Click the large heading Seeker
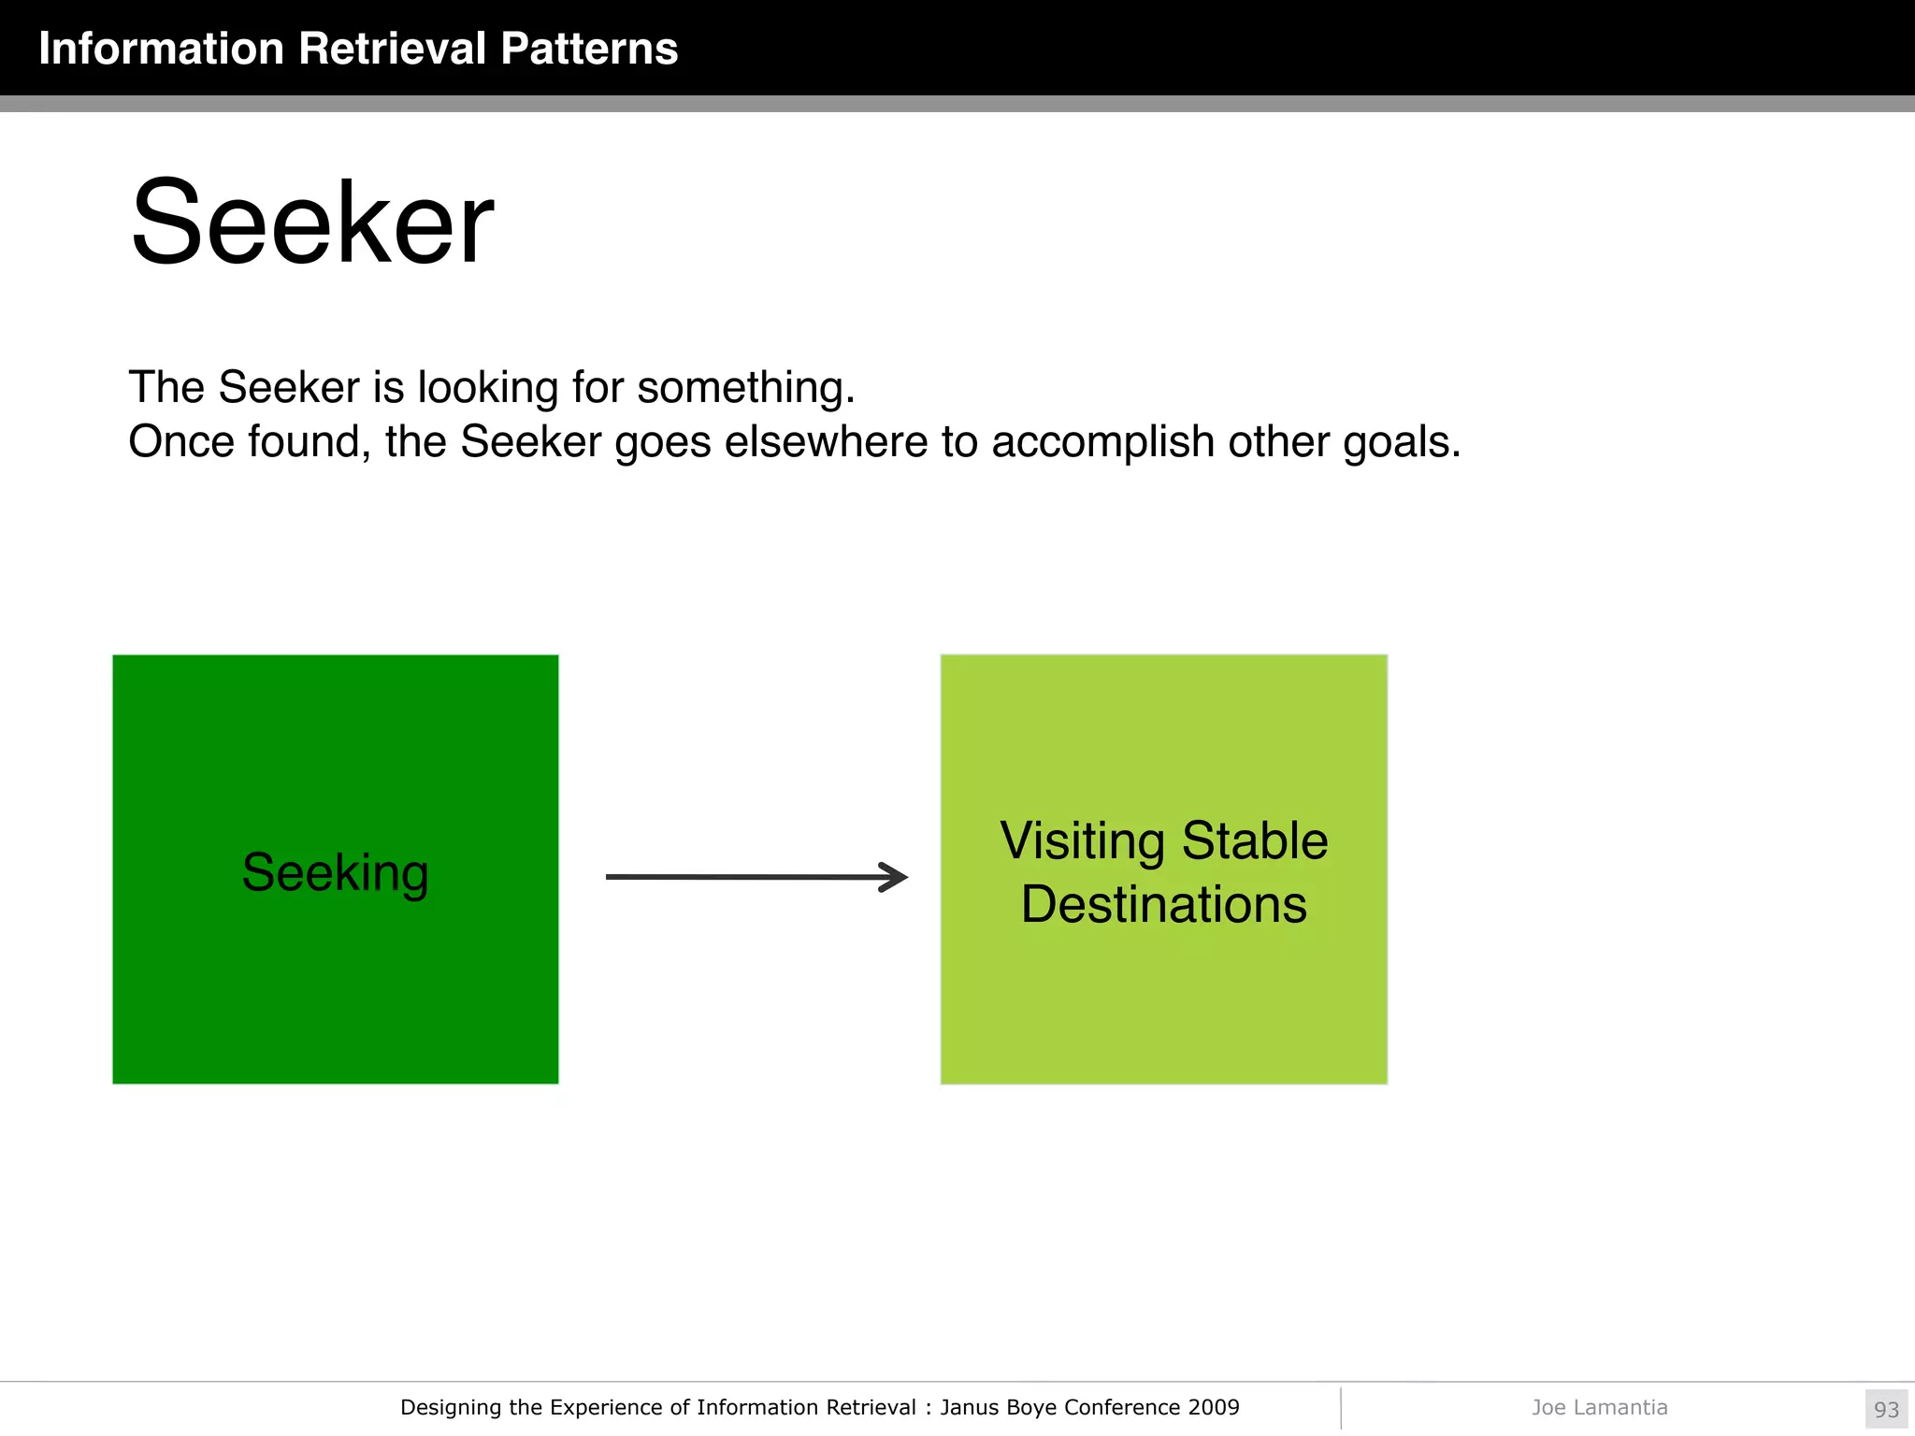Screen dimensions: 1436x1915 pos(312,224)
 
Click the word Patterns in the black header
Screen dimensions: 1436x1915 pos(589,49)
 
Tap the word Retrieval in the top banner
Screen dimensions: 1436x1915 pos(393,49)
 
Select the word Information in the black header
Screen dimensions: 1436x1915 pos(161,49)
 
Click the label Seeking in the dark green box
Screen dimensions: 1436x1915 pos(335,872)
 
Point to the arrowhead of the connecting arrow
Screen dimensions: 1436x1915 pos(896,877)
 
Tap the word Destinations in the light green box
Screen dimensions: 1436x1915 pos(1163,904)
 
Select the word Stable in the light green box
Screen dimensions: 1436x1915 pos(1254,840)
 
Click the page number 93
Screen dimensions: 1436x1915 pos(1886,1409)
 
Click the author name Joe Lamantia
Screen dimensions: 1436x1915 pos(1599,1407)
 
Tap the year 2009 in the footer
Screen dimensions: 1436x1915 pos(1213,1407)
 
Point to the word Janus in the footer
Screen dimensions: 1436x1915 pos(969,1407)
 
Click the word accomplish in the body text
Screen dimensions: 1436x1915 pos(1102,441)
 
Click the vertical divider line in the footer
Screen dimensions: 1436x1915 pos(1341,1408)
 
